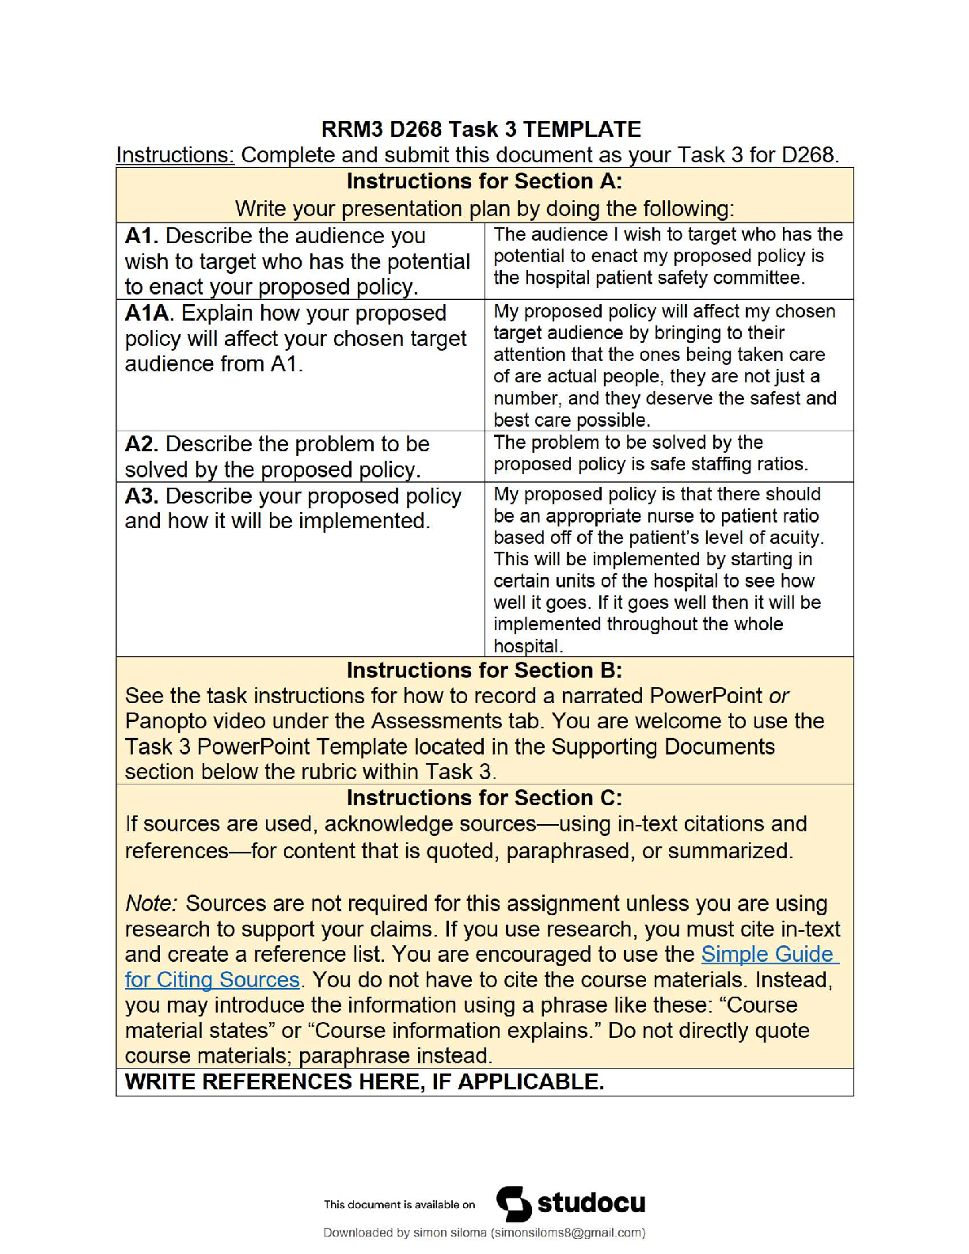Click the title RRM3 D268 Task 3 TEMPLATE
point(481,129)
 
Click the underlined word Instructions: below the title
point(175,154)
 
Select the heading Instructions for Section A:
point(484,181)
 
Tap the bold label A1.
point(142,236)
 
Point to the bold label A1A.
point(146,313)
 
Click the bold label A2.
point(142,444)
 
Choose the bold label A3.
point(142,496)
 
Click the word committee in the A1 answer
point(764,278)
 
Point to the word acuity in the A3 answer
point(796,538)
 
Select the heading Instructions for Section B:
point(484,671)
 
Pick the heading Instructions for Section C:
point(484,798)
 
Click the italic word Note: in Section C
point(152,903)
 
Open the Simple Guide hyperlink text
point(767,954)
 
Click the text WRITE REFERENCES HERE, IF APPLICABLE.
point(364,1082)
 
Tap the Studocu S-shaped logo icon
point(514,1204)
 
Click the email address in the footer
point(568,1233)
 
